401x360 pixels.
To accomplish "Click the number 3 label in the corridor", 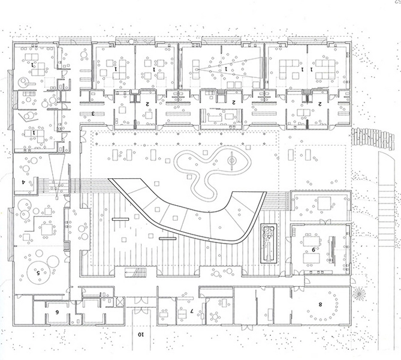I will pos(93,113).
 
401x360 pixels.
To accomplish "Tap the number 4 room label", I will pos(23,181).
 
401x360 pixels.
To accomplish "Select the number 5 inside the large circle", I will pos(38,272).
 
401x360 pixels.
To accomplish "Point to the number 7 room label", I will pos(191,311).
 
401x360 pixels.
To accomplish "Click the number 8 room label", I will pos(320,305).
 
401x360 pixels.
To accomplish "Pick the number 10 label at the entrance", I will pos(141,334).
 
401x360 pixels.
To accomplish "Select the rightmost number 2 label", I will pos(320,104).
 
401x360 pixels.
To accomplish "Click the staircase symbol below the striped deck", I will pos(134,273).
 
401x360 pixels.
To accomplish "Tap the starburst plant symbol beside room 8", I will pos(359,293).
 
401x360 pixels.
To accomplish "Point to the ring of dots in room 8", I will pos(324,306).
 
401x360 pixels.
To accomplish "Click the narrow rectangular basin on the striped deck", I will pos(269,243).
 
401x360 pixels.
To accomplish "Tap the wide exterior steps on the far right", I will pos(388,198).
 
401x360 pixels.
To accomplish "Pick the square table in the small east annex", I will pos(324,203).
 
